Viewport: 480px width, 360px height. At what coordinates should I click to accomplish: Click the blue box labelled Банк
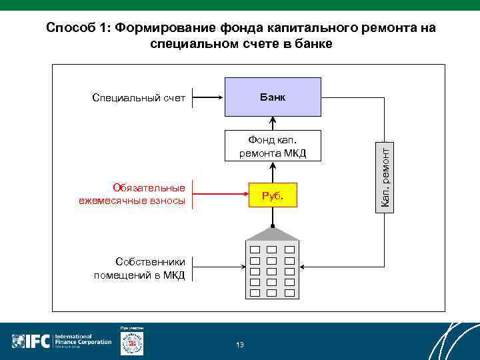tap(273, 97)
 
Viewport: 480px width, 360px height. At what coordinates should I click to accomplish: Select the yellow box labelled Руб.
tap(273, 195)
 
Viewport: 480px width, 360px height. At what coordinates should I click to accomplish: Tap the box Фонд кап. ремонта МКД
tap(273, 146)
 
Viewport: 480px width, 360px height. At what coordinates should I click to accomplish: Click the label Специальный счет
tap(138, 99)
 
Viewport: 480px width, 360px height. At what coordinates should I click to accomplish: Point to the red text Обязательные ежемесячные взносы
tap(131, 195)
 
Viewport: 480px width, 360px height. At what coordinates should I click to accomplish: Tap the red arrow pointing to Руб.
tap(220, 195)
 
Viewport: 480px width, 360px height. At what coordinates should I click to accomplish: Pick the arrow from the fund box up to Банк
tap(273, 123)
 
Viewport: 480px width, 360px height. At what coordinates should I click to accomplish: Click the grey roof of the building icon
tap(273, 233)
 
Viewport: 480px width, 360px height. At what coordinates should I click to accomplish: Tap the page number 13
tap(240, 345)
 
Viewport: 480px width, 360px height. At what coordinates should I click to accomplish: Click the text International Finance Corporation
tap(83, 339)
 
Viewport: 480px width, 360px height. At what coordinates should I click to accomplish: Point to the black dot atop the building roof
tap(273, 227)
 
